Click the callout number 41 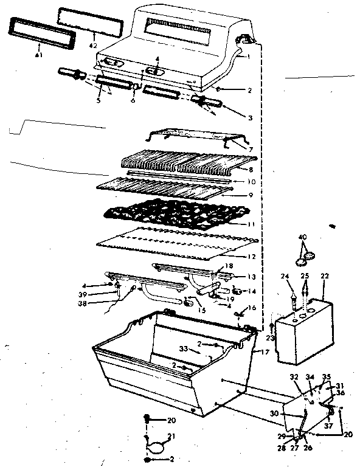click(x=38, y=55)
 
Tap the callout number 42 click(x=93, y=46)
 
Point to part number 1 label click(x=249, y=57)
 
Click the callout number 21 click(x=172, y=436)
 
